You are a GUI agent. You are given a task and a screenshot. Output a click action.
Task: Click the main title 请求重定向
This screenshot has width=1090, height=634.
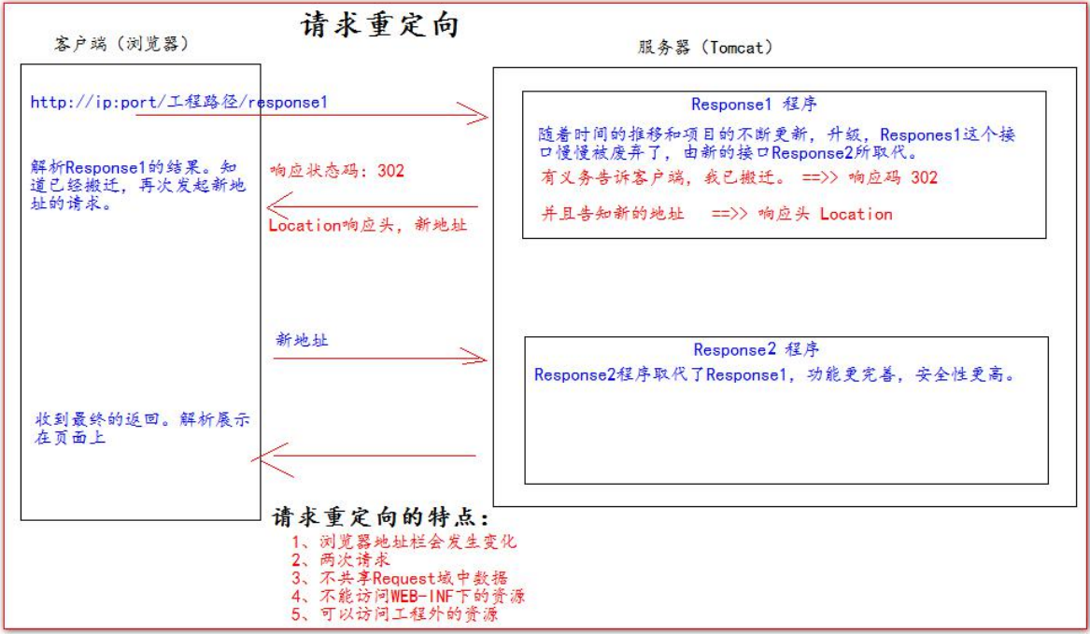[x=379, y=24]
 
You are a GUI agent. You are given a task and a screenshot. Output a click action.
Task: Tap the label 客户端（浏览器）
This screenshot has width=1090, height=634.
[x=121, y=44]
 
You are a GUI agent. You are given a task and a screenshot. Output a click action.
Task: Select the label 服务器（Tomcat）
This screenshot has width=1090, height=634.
[x=705, y=48]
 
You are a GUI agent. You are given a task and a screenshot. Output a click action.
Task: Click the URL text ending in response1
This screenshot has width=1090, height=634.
[x=178, y=102]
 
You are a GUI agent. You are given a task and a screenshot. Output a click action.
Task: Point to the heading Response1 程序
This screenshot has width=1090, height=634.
[x=754, y=105]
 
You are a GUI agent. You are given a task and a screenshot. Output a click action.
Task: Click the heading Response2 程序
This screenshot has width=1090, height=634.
[x=756, y=349]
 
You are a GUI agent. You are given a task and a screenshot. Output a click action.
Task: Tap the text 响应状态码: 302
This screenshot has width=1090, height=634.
[x=337, y=171]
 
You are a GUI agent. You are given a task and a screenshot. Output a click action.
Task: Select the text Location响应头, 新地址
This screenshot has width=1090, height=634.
[x=368, y=225]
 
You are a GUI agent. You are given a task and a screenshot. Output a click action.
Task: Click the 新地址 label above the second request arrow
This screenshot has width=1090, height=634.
[x=302, y=340]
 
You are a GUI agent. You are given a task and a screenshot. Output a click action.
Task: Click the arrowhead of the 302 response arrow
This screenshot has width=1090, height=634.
[x=268, y=205]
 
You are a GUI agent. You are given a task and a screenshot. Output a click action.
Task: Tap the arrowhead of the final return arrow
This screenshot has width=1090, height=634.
[x=253, y=458]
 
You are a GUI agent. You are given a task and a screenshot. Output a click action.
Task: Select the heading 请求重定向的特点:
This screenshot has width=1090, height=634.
[x=380, y=516]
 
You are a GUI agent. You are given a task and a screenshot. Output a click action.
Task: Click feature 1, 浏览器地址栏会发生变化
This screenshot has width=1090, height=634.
[x=403, y=542]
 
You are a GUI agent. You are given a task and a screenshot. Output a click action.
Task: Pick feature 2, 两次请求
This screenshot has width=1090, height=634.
[x=341, y=559]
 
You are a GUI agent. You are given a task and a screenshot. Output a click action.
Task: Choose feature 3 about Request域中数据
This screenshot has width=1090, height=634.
[x=400, y=578]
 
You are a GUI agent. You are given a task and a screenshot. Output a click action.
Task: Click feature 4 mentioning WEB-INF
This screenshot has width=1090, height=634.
[x=408, y=596]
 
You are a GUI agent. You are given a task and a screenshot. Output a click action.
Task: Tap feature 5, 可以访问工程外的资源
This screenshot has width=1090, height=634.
[x=395, y=613]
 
